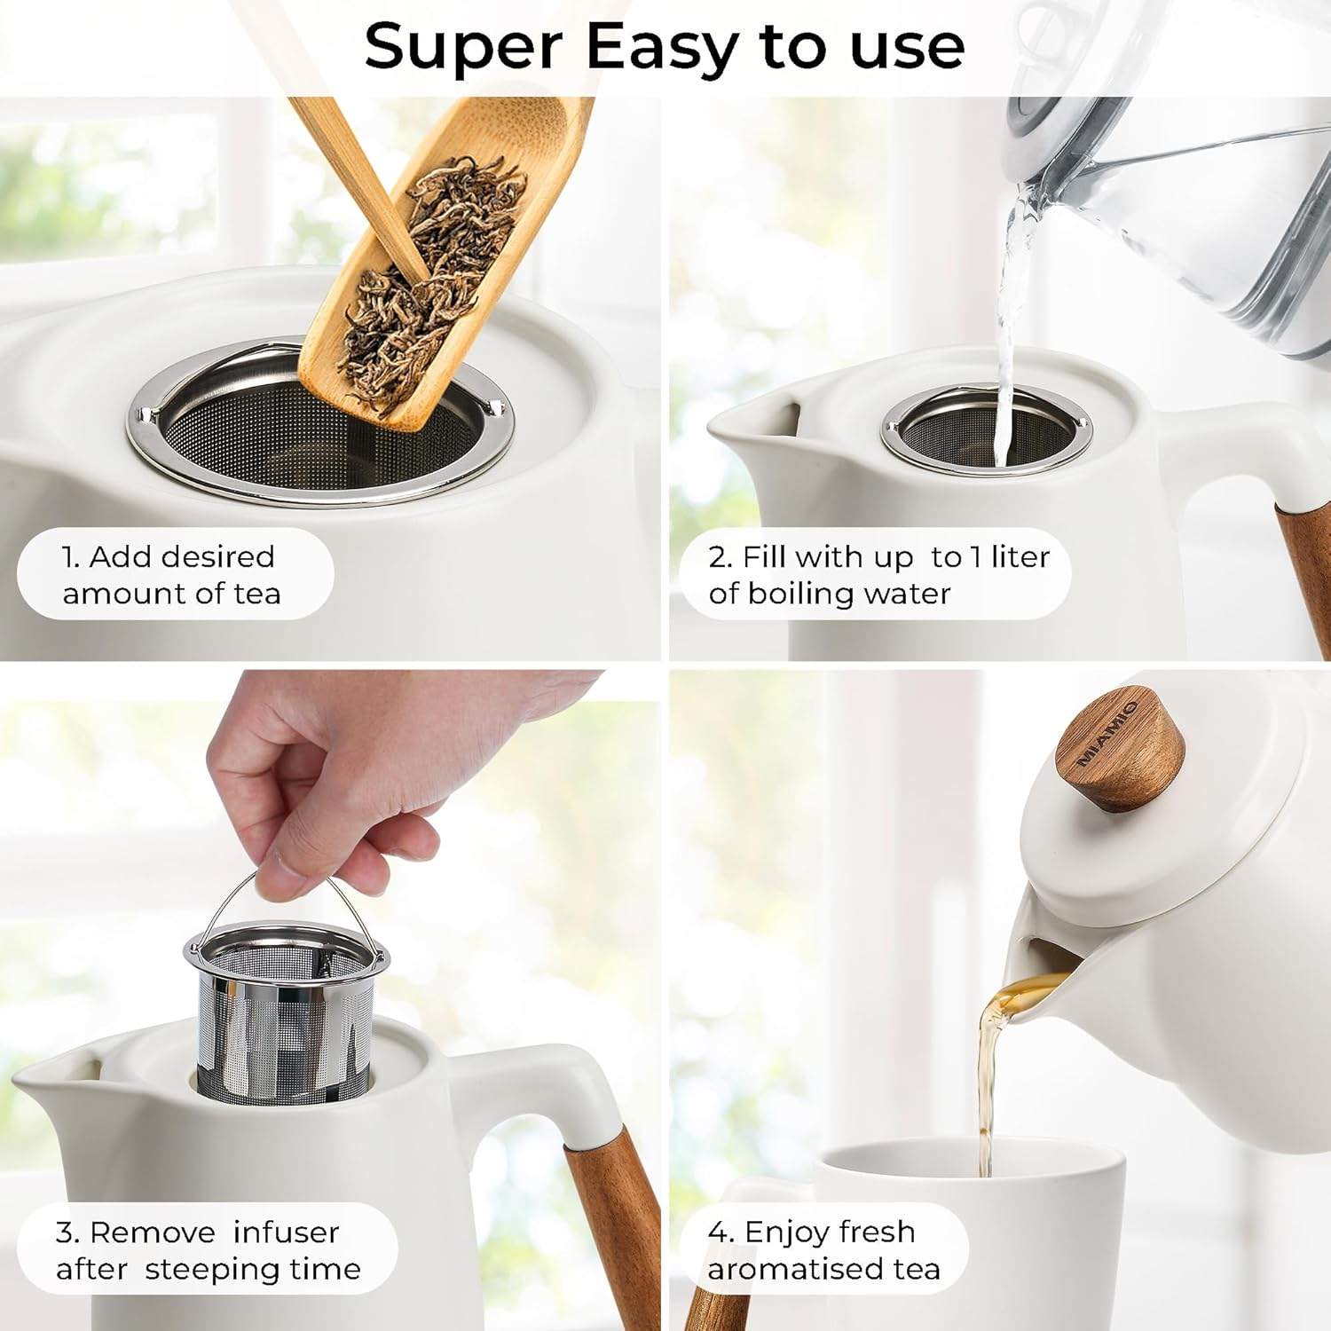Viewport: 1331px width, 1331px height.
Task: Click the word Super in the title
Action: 462,46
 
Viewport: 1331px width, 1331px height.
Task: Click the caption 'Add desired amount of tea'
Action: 172,574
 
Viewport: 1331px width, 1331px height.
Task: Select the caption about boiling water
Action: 878,574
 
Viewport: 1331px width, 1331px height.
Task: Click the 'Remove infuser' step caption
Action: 208,1249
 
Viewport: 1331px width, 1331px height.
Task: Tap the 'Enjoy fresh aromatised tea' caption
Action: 823,1249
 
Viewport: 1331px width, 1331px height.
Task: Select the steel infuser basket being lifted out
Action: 284,1020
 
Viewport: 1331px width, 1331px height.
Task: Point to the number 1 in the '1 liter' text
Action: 975,556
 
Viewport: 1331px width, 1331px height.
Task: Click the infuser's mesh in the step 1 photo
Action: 266,435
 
